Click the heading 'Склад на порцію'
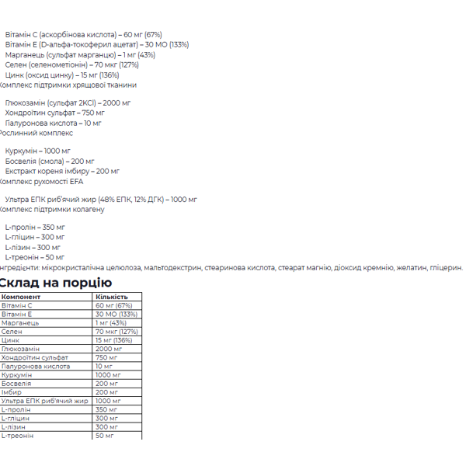[x=56, y=283]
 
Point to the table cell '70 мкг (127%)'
[x=116, y=332]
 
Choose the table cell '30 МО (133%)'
[x=116, y=315]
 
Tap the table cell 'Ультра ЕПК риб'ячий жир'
[x=45, y=401]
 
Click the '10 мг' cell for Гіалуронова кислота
[x=104, y=366]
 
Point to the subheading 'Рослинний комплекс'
[x=35, y=133]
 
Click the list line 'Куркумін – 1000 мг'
[x=37, y=151]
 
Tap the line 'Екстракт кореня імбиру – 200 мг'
[x=62, y=171]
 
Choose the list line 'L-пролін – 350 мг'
[x=35, y=228]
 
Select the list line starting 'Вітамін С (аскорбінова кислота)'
[x=83, y=35]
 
